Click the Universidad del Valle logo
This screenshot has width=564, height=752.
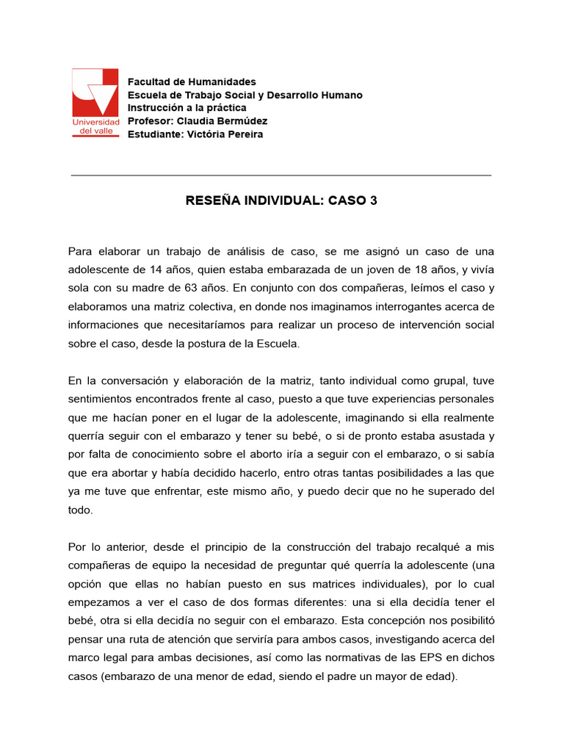[x=95, y=102]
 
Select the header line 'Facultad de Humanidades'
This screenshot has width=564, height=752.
[x=192, y=82]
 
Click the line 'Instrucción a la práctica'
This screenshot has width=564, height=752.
[x=187, y=108]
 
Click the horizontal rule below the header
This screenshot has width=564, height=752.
[x=281, y=176]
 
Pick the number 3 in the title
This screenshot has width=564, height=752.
[x=374, y=200]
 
